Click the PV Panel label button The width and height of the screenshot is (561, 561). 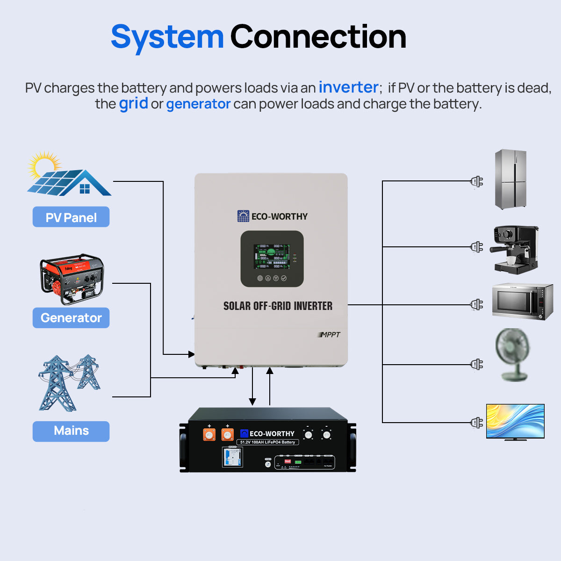tap(71, 217)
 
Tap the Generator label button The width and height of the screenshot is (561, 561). tap(71, 318)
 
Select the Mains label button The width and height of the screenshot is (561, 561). tap(71, 431)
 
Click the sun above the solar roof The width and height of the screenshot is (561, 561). tap(43, 164)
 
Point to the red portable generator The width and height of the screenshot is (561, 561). tap(72, 279)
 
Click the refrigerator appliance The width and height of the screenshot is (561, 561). tap(511, 180)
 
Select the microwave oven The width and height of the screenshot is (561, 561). tap(522, 302)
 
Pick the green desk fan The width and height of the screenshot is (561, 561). tap(513, 354)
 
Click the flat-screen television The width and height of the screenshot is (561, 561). tap(515, 421)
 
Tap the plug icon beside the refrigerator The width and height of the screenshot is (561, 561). tap(476, 181)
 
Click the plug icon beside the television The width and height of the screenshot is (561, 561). tap(476, 423)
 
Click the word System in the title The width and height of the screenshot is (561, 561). tap(167, 37)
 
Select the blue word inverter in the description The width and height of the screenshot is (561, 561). tap(348, 87)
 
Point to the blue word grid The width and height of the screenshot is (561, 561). tap(133, 103)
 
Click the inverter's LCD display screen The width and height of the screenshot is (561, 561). tap(272, 256)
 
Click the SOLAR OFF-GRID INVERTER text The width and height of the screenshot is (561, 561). tap(278, 306)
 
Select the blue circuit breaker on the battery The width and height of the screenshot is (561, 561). tap(232, 457)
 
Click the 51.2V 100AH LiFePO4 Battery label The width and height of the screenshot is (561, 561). tap(267, 442)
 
